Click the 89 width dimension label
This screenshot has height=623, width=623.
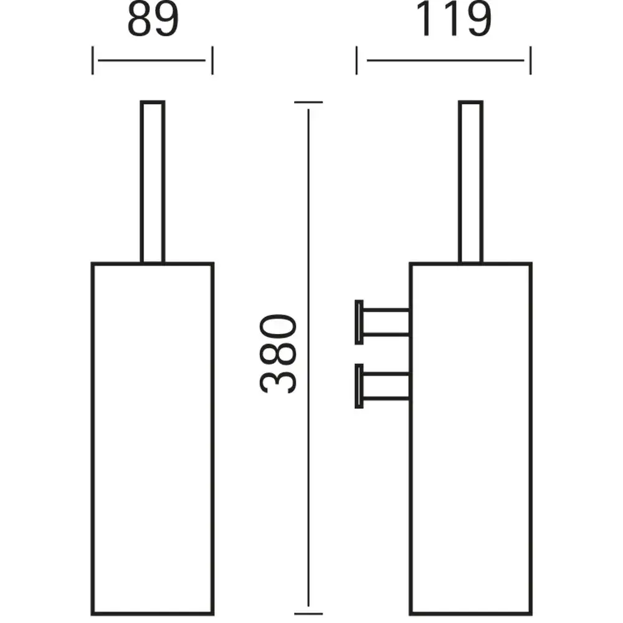(x=153, y=21)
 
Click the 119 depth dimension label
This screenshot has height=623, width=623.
(x=453, y=19)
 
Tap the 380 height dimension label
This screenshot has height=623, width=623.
(x=278, y=354)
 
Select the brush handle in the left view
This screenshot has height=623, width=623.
(x=153, y=181)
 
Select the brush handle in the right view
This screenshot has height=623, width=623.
(x=471, y=181)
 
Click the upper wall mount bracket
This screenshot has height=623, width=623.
(x=383, y=322)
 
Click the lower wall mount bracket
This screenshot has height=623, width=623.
(x=383, y=386)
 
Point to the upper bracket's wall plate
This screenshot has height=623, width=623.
(x=359, y=322)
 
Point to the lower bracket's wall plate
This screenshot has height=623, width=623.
(x=359, y=386)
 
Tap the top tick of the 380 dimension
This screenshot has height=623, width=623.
(x=308, y=102)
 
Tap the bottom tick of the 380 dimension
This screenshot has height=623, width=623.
(x=308, y=614)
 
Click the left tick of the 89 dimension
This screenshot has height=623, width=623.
(x=93, y=60)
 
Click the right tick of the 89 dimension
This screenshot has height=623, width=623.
(x=212, y=60)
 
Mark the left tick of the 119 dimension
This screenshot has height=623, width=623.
(x=356, y=60)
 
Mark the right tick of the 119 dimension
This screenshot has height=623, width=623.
(x=530, y=60)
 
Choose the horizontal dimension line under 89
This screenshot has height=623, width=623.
(x=152, y=60)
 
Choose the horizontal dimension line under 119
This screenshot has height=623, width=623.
(x=445, y=60)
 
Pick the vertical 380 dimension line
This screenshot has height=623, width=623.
(x=308, y=358)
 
